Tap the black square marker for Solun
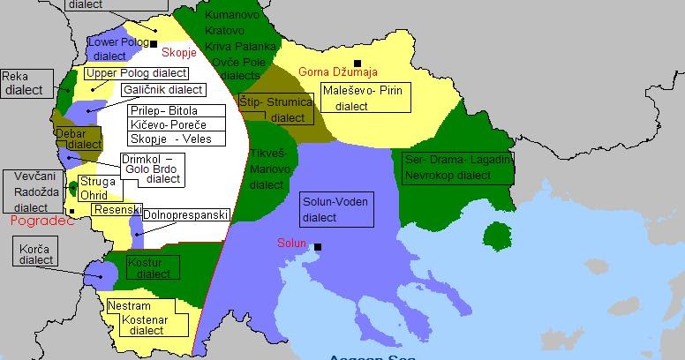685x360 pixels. pyautogui.click(x=318, y=247)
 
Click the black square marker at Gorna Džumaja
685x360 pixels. pyautogui.click(x=358, y=63)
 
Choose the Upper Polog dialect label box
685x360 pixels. pyautogui.click(x=135, y=73)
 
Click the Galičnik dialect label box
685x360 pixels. pyautogui.click(x=162, y=89)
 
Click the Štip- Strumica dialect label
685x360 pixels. pyautogui.click(x=275, y=110)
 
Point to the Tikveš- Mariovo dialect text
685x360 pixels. pyautogui.click(x=267, y=169)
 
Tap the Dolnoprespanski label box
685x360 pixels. pyautogui.click(x=185, y=214)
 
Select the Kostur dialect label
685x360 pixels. pyautogui.click(x=150, y=268)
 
